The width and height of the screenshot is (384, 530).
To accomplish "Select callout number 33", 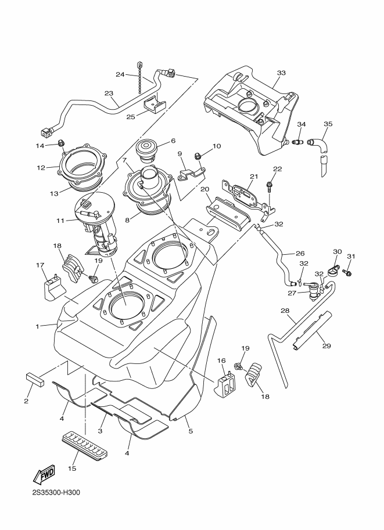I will (281, 73).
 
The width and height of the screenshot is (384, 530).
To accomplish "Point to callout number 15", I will (72, 468).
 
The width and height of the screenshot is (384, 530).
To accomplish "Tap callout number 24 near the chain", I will (120, 74).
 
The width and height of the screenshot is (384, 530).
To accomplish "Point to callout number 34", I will (302, 124).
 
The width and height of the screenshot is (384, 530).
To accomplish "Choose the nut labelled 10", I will (198, 155).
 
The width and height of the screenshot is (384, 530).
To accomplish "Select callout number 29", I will (326, 346).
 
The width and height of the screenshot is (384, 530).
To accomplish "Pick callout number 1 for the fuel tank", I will (37, 326).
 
